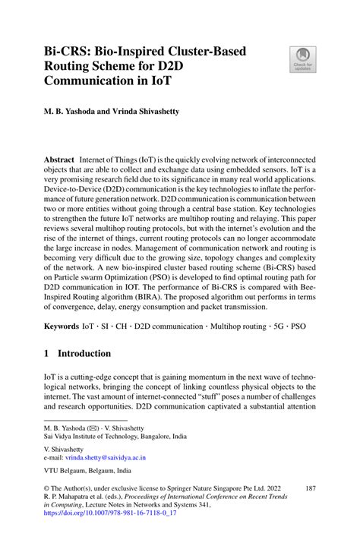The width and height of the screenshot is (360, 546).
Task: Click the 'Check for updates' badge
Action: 302,60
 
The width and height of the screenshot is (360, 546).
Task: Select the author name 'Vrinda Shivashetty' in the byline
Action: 152,111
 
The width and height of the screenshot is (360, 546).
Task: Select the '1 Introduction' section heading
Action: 77,353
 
